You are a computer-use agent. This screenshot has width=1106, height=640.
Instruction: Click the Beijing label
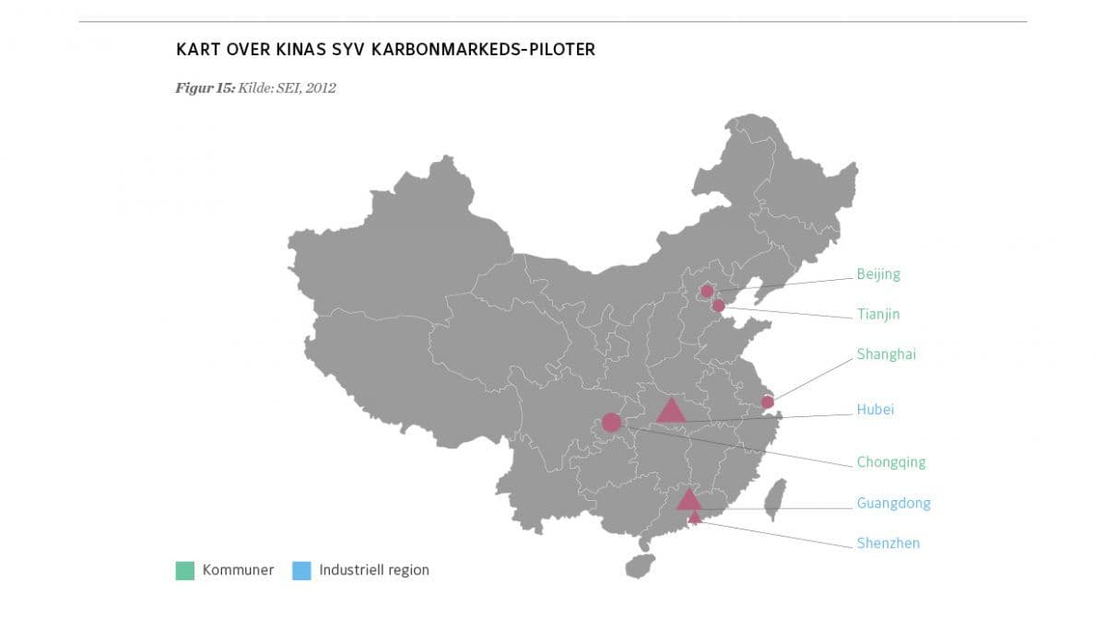coord(877,273)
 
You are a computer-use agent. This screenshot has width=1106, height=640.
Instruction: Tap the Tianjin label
coord(877,314)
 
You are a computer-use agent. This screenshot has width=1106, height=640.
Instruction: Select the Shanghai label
coord(886,354)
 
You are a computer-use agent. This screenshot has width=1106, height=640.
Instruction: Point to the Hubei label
coord(875,410)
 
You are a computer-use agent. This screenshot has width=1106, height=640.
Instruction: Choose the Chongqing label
coord(890,462)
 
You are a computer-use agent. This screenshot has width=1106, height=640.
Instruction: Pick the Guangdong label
coord(893,503)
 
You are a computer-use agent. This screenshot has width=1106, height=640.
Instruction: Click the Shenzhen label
coord(888,543)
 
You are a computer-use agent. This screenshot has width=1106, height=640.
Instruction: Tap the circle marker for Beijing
coord(707,291)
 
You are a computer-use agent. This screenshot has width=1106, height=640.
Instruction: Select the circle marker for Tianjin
coord(719,305)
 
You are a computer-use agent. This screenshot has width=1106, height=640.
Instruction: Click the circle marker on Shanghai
coord(767,401)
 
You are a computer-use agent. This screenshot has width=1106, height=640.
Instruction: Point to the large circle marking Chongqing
coord(611,423)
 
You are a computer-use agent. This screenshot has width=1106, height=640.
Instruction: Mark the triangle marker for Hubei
coord(671,411)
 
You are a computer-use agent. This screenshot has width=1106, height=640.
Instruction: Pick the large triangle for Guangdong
coord(688,500)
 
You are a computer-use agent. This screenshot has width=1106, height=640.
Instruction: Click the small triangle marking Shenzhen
coord(695,518)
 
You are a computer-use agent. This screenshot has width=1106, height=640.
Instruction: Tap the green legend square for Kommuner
coord(184,570)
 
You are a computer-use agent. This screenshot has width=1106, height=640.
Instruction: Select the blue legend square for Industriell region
coord(301,570)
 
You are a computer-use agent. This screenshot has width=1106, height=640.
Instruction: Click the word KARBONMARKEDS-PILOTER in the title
coord(484,49)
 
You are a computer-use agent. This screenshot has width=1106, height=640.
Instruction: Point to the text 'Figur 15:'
coord(205,88)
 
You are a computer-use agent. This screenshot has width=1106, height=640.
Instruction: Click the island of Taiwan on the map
coord(776,499)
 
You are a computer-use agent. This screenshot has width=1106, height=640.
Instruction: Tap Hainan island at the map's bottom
coord(639,564)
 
